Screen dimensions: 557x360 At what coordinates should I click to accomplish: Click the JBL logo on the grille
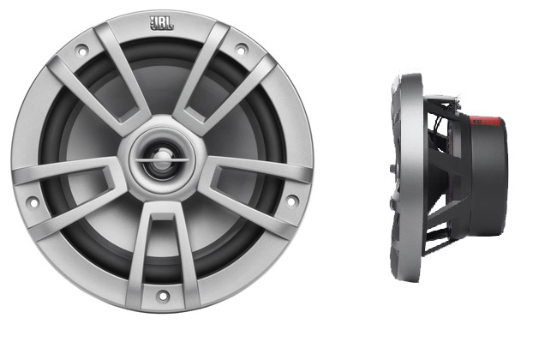[162, 23]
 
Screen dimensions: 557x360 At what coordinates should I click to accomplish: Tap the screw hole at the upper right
[241, 50]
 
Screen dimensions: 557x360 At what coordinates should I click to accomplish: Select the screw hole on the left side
[33, 202]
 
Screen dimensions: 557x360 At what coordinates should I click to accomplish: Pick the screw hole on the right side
[291, 201]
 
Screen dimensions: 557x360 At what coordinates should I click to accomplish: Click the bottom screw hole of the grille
[163, 296]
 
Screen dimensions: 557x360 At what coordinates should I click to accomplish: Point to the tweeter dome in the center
[162, 159]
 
